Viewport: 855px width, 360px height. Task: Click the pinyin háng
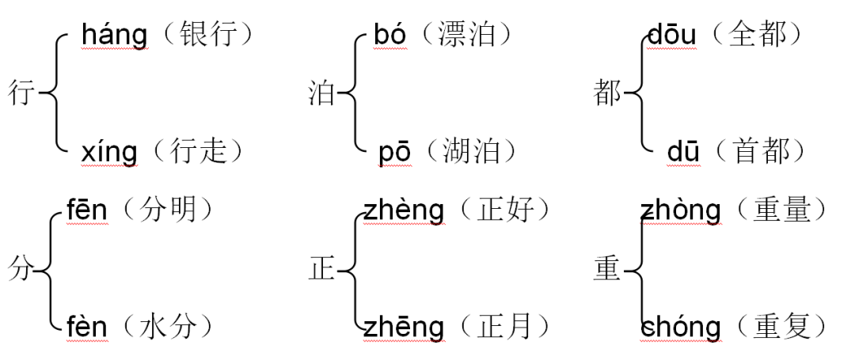(x=114, y=36)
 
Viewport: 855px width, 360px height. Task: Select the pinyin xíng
(x=108, y=150)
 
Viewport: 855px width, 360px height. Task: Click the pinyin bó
(x=389, y=36)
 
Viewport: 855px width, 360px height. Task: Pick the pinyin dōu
(x=672, y=36)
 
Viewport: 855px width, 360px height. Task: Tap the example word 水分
(x=169, y=326)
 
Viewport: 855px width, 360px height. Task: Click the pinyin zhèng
(x=404, y=211)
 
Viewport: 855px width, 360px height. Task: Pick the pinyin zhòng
(x=681, y=211)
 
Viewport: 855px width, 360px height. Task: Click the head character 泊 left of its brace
(x=321, y=94)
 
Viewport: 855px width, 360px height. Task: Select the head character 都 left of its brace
(x=607, y=94)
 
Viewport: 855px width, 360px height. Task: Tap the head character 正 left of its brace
(x=321, y=270)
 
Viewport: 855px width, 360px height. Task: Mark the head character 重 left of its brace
(x=607, y=270)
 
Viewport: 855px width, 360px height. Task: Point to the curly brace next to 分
(x=50, y=269)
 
